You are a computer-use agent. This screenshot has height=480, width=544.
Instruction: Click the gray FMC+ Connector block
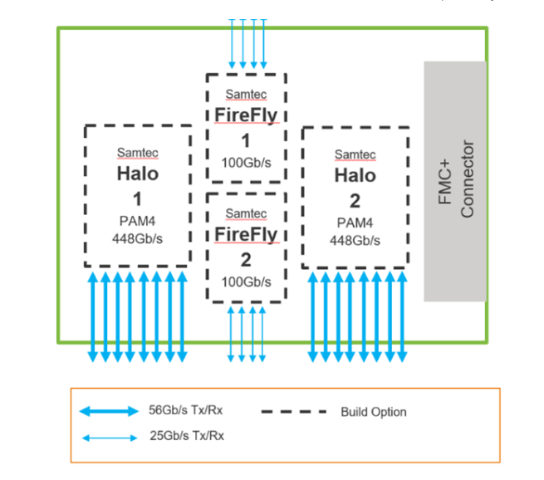(455, 180)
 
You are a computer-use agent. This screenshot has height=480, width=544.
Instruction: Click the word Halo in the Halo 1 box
(138, 174)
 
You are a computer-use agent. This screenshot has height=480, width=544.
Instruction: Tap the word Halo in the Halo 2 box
(355, 175)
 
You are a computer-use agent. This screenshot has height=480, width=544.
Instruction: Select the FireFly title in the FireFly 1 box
(246, 114)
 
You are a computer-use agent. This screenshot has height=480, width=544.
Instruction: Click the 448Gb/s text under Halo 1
(138, 238)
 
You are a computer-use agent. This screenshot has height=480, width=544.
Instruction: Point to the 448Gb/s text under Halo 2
(355, 239)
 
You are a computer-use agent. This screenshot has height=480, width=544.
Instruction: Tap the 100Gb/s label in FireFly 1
(246, 160)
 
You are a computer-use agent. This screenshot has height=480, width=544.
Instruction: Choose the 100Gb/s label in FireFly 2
(246, 282)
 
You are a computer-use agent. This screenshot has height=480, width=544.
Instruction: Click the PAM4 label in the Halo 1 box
(138, 221)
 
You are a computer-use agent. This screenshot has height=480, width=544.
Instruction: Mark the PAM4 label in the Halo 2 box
(355, 223)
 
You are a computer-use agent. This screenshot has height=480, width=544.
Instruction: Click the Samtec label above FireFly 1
(246, 95)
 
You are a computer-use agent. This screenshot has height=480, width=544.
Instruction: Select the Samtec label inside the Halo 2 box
(355, 154)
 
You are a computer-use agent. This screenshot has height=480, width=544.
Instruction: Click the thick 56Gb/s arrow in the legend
(109, 411)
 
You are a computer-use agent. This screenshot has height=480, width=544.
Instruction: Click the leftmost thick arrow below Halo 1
(92, 316)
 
